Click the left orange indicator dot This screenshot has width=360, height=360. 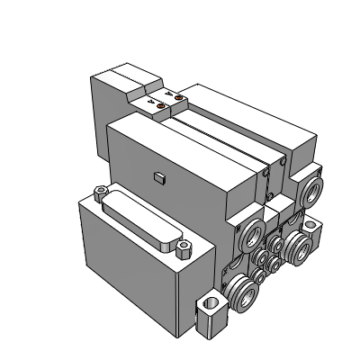coord(162,106)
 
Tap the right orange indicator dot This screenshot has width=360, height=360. coord(178,97)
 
